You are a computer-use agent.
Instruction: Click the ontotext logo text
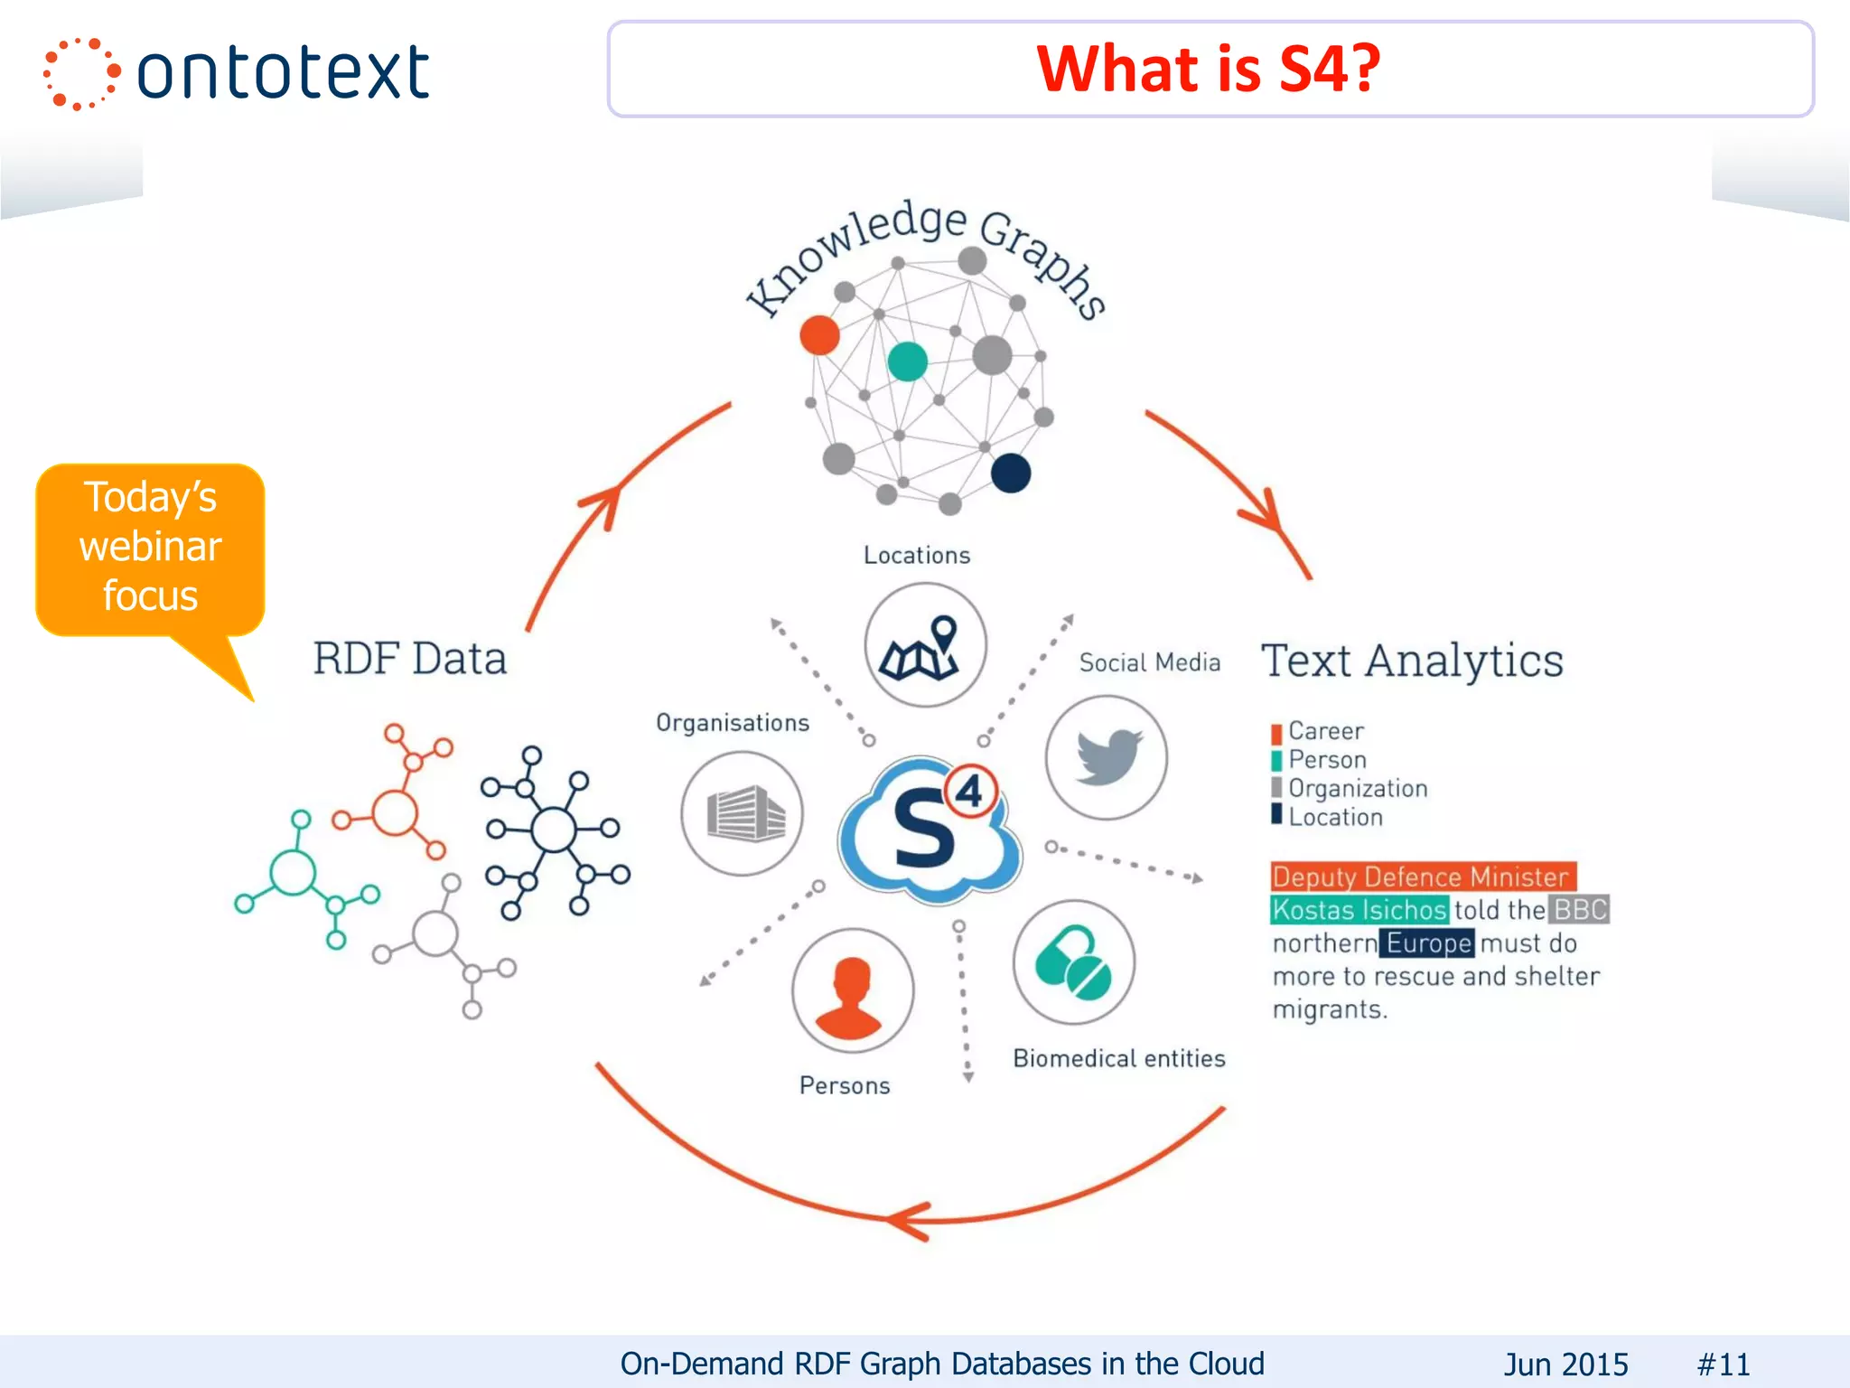click(x=282, y=72)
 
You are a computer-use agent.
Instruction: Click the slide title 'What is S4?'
click(x=1209, y=69)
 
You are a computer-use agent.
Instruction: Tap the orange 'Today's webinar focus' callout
click(x=150, y=548)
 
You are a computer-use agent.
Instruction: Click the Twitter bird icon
click(x=1107, y=757)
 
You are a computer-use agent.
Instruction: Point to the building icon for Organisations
click(x=743, y=813)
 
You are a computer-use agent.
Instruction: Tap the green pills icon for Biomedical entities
click(x=1073, y=963)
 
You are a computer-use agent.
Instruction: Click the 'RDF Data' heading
click(x=409, y=658)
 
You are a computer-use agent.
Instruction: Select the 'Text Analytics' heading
click(x=1412, y=661)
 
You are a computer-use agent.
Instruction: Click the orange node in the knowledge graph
click(x=819, y=335)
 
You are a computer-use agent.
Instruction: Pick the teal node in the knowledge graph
click(x=907, y=362)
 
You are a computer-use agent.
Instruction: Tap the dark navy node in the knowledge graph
click(x=1010, y=473)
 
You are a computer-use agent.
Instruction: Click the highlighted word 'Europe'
click(x=1427, y=943)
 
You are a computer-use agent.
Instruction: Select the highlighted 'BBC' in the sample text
click(x=1579, y=909)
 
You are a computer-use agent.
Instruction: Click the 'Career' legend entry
click(x=1324, y=731)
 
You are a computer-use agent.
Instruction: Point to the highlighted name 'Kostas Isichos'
click(x=1359, y=910)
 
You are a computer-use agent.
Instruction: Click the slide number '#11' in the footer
click(x=1723, y=1364)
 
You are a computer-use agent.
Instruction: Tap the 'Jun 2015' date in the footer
click(x=1565, y=1364)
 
